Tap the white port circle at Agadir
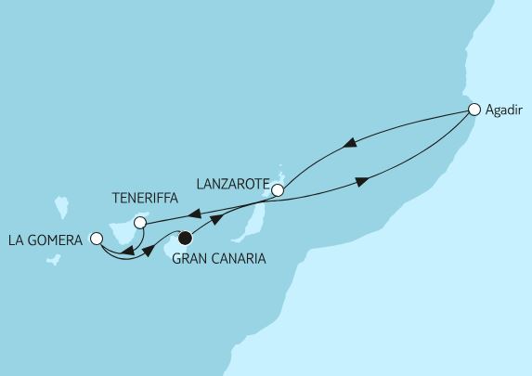[x=474, y=110]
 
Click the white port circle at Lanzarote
[x=277, y=190]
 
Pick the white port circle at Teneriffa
[x=140, y=223]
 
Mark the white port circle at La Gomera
[x=97, y=239]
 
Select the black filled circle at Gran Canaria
[x=186, y=238]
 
